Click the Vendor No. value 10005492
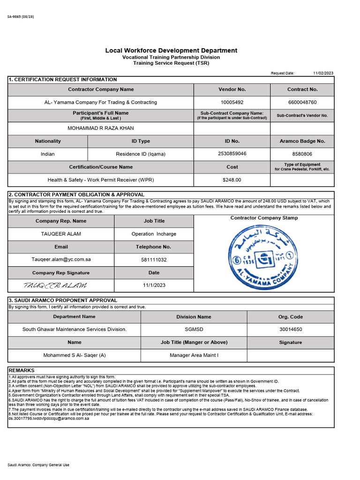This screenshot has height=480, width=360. pos(232,102)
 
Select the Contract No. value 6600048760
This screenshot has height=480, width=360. pos(302,102)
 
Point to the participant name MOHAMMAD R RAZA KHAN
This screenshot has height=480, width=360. pos(101,128)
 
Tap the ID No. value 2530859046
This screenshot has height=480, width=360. pos(232,154)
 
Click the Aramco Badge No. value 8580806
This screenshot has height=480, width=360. pos(302,154)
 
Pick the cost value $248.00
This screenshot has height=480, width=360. pos(232,180)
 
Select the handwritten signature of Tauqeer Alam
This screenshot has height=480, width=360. pos(55,285)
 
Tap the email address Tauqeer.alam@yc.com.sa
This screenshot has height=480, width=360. pos(61,259)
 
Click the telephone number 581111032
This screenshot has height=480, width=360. pos(154,259)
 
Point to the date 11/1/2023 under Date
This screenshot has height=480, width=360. pos(154,285)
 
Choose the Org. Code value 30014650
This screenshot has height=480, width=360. pos(291,330)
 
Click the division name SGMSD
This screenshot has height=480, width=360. pos(194,330)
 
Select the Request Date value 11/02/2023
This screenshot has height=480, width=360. pos(323,73)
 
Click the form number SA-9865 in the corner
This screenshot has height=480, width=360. pos(21,17)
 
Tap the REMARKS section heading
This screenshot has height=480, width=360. pos(22,370)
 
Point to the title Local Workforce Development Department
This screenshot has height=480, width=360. pos(171,50)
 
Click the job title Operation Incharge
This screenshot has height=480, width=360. pos(154,234)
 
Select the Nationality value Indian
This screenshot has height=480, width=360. pos(48,154)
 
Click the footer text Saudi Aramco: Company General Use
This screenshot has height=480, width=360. pos(38,465)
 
